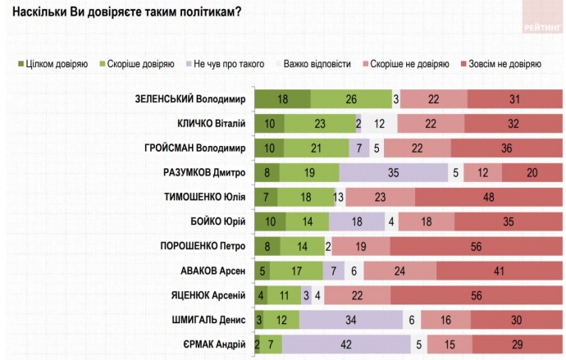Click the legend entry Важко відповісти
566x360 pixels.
click(317, 63)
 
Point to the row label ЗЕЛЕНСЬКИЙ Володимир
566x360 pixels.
click(190, 99)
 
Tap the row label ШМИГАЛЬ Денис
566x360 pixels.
click(205, 320)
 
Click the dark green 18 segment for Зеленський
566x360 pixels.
click(282, 99)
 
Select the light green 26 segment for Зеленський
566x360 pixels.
click(351, 99)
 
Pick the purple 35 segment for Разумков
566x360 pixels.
click(393, 173)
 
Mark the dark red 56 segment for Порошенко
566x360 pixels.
click(477, 246)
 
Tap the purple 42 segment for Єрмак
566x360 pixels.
click(346, 344)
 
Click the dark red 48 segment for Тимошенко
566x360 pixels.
click(489, 197)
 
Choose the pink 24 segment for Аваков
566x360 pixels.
click(399, 271)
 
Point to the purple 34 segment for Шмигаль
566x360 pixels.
click(351, 320)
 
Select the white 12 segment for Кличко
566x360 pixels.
click(379, 124)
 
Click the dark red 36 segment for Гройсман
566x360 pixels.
click(507, 148)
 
